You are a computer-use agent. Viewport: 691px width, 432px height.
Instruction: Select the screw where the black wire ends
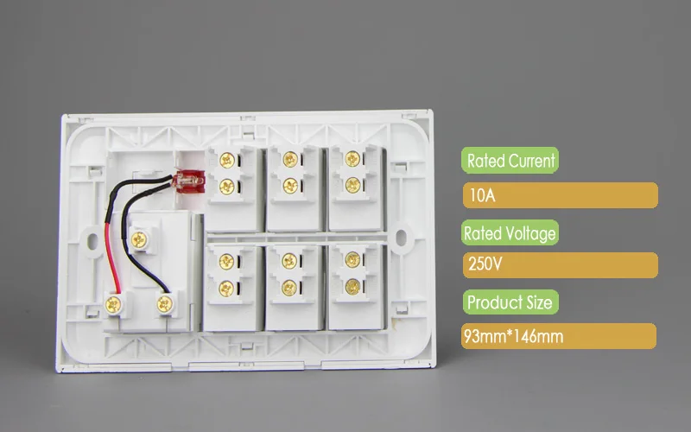pos(162,302)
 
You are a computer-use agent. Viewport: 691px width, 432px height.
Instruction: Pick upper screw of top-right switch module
pos(352,159)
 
